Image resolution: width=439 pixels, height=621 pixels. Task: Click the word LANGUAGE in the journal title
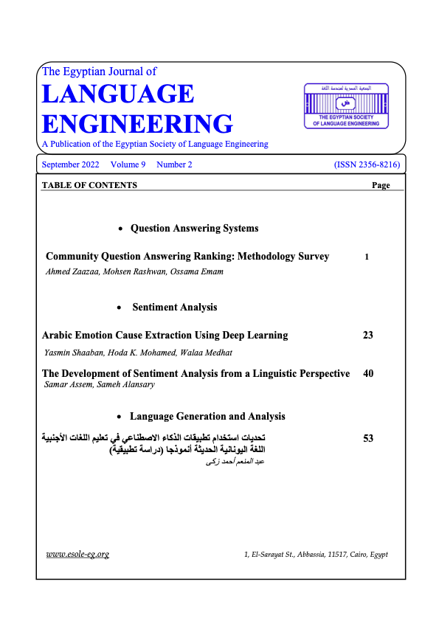tap(118, 94)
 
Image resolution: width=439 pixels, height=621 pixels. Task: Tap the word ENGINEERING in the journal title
tap(137, 123)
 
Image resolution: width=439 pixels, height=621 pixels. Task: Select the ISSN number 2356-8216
tap(366, 164)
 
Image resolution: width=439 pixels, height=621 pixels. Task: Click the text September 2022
tap(71, 164)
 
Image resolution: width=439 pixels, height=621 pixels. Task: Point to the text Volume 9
tap(128, 164)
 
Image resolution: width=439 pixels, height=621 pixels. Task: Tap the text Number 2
tap(174, 164)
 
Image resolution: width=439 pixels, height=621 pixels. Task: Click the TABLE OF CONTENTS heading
tap(89, 185)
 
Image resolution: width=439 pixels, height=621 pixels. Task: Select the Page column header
tap(381, 185)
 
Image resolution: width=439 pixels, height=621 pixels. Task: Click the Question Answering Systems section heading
tap(194, 229)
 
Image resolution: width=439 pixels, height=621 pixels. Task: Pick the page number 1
tap(367, 257)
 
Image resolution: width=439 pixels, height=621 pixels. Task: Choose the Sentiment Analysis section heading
tap(174, 307)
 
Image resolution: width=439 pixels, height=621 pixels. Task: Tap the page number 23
tap(368, 335)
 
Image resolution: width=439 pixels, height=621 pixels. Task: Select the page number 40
tap(369, 374)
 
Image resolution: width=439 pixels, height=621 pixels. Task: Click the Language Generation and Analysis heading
tap(207, 417)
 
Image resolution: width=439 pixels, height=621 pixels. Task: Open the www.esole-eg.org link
tap(77, 554)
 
